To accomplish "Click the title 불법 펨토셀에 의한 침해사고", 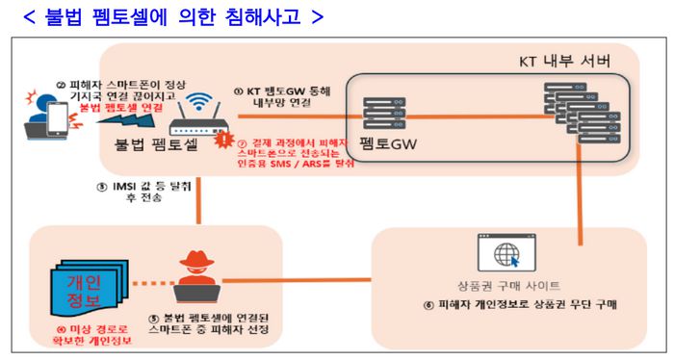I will click(x=184, y=16).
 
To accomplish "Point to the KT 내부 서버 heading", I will click(x=558, y=62).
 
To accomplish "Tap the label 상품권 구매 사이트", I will click(x=508, y=287).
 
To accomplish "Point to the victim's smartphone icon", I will click(x=54, y=116).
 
